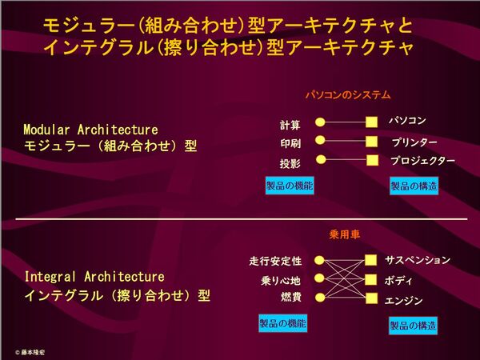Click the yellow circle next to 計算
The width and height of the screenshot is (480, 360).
(x=320, y=122)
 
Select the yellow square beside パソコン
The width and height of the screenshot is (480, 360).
(x=371, y=122)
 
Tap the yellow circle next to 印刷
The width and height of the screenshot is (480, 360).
(x=320, y=140)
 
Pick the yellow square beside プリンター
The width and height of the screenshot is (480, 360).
(x=371, y=142)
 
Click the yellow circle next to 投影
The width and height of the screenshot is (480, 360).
(x=321, y=159)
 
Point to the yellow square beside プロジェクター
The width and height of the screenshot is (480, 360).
(x=372, y=160)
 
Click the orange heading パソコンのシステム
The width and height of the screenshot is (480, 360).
(x=348, y=94)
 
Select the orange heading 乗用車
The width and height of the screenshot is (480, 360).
(x=344, y=234)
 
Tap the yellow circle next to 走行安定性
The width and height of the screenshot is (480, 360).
(x=319, y=261)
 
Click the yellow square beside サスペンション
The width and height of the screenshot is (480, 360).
(x=370, y=260)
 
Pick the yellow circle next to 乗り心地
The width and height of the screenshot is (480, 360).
(x=319, y=278)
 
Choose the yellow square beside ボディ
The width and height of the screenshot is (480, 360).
(x=370, y=279)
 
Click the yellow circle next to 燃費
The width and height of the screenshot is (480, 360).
(x=320, y=298)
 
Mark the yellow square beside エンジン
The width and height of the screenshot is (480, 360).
(x=372, y=298)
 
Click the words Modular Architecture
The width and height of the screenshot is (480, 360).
(x=90, y=130)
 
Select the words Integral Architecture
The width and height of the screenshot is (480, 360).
(x=94, y=277)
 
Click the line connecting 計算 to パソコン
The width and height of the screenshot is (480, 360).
(x=346, y=122)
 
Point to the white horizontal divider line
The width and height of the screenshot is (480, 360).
(x=242, y=219)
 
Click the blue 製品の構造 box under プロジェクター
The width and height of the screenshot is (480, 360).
(x=414, y=186)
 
